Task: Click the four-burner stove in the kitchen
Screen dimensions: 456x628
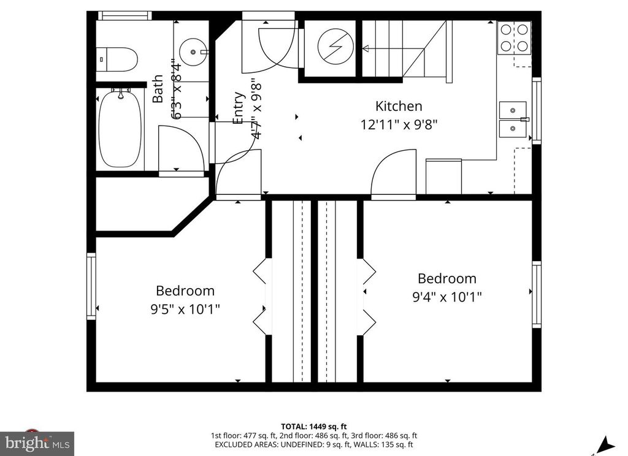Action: coord(514,37)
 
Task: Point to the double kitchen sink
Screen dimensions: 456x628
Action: coord(512,120)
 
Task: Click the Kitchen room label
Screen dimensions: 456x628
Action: coord(399,106)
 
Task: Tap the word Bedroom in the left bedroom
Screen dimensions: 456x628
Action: coord(185,291)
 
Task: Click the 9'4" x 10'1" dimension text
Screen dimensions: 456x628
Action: coord(447,297)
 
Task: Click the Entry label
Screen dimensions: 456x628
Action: coord(239,108)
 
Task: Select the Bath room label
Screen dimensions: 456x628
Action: coord(158,89)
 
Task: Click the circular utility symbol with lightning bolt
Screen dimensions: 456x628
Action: coord(332,47)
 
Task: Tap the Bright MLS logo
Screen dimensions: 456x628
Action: coord(37,443)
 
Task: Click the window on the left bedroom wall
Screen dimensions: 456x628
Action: coord(91,286)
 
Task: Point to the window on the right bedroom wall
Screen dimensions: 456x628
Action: coord(536,294)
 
